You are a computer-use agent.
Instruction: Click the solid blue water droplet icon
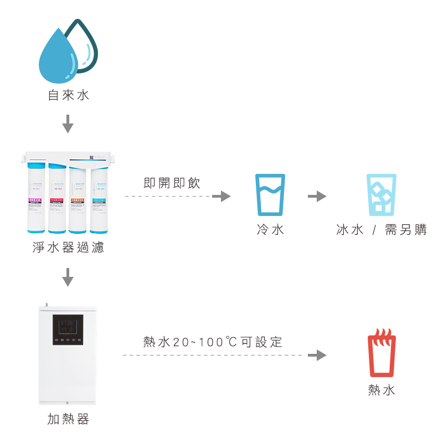pyautogui.click(x=59, y=56)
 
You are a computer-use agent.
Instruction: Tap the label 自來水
pyautogui.click(x=68, y=95)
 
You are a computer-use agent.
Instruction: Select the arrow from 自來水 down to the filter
pyautogui.click(x=68, y=123)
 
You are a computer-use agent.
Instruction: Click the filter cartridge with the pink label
pyautogui.click(x=36, y=199)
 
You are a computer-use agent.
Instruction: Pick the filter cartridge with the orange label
pyautogui.click(x=78, y=199)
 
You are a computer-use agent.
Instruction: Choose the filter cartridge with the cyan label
pyautogui.click(x=99, y=199)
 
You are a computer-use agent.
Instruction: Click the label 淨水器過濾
pyautogui.click(x=68, y=248)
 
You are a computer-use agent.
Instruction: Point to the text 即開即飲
pyautogui.click(x=172, y=183)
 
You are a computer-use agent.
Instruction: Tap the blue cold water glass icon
pyautogui.click(x=270, y=195)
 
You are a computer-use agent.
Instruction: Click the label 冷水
pyautogui.click(x=270, y=229)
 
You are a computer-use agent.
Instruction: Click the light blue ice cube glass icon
pyautogui.click(x=382, y=195)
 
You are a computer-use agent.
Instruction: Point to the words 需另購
pyautogui.click(x=406, y=230)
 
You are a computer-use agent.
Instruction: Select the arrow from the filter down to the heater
pyautogui.click(x=68, y=277)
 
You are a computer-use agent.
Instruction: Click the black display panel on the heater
pyautogui.click(x=68, y=329)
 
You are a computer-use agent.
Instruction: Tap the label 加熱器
pyautogui.click(x=68, y=419)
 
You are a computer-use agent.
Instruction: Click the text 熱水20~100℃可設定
pyautogui.click(x=213, y=342)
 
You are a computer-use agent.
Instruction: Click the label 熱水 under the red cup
pyautogui.click(x=382, y=390)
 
